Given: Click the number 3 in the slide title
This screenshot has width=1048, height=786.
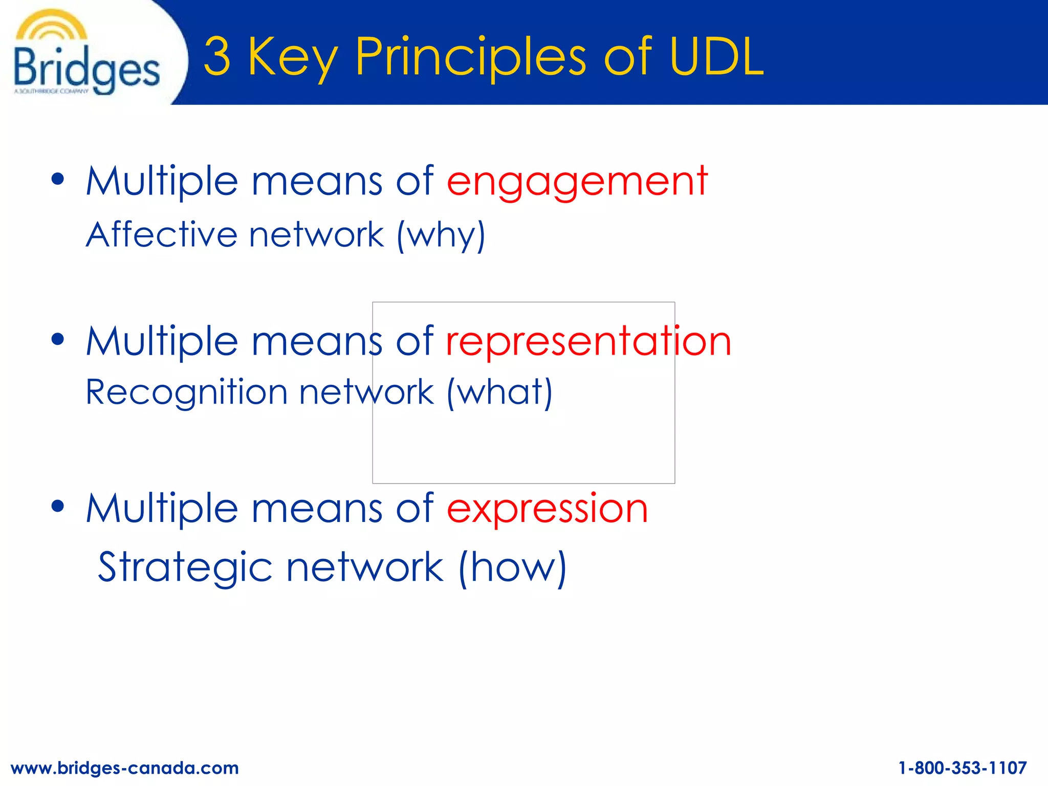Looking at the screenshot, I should point(217,56).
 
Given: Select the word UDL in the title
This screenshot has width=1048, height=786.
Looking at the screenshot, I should point(716,56).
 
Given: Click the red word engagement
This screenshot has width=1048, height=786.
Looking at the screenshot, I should point(577,181).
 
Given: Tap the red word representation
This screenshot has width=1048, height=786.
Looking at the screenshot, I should point(588,341).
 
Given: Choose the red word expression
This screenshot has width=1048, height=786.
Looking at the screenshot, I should point(548,509).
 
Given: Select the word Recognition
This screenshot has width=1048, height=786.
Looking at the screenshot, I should point(186,392).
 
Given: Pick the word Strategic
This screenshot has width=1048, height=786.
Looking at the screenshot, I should point(185,567).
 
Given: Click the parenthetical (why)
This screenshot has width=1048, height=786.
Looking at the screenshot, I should point(441,235).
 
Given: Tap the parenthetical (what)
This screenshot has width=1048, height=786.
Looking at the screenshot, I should point(499,393).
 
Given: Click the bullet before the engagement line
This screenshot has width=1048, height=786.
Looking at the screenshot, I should point(58,179).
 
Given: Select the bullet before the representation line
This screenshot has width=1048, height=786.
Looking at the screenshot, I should point(58,339).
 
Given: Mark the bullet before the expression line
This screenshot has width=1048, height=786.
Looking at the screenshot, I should point(58,506).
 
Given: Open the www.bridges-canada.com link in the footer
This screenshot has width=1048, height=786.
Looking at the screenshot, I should point(125,768).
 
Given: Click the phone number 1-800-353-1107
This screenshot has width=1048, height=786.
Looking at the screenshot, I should point(963,768).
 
